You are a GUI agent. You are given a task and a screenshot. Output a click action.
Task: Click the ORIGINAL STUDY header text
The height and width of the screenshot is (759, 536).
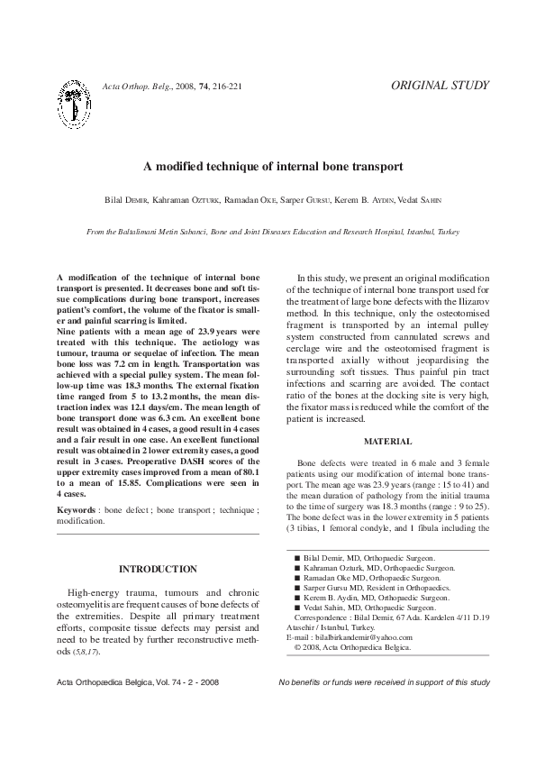click(x=441, y=86)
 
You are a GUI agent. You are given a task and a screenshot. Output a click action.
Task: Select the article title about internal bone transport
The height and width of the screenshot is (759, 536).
click(x=268, y=167)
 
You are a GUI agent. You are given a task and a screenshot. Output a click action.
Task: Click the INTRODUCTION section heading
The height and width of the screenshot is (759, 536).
click(x=159, y=569)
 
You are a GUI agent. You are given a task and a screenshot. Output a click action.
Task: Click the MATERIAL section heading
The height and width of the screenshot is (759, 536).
click(x=387, y=442)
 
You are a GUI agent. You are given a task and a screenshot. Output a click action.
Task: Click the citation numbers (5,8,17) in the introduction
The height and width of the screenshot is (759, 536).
click(x=86, y=651)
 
